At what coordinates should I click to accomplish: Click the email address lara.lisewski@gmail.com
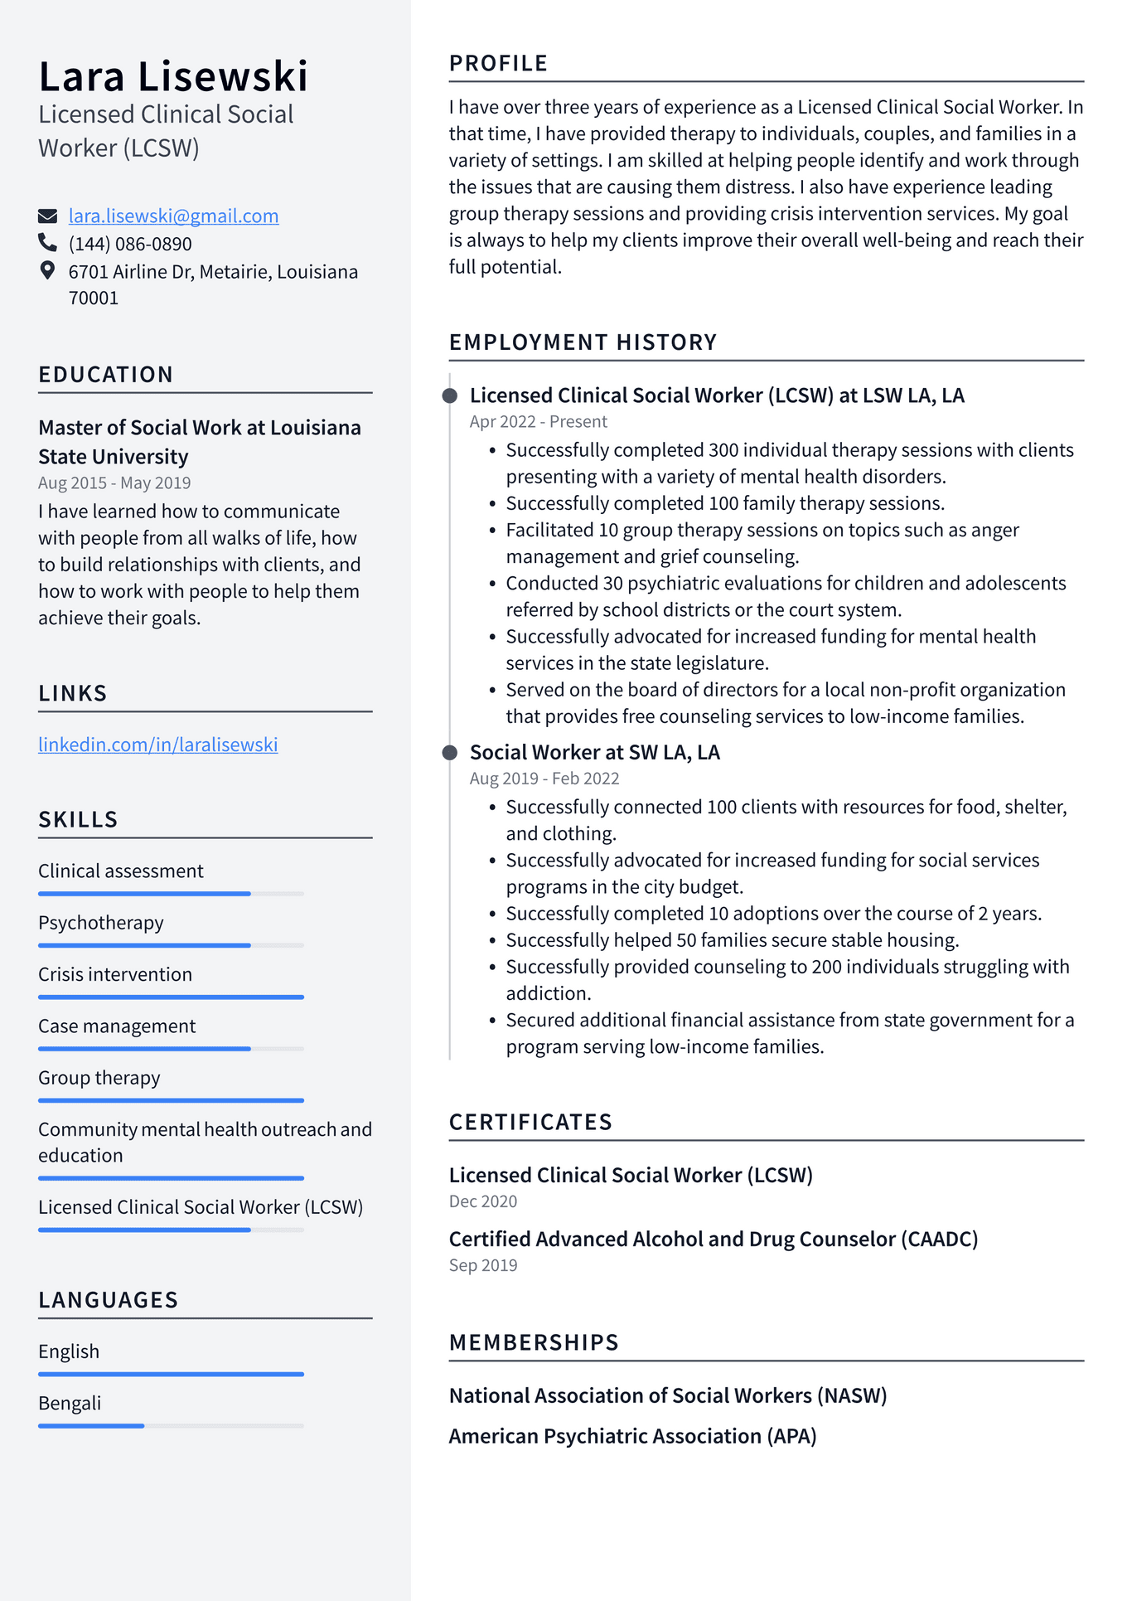(173, 216)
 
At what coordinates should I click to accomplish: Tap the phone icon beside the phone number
(47, 243)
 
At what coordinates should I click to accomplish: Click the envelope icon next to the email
(47, 216)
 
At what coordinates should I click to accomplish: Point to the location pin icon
(47, 271)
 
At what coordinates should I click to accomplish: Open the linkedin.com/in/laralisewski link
(157, 745)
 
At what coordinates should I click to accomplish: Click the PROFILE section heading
(498, 64)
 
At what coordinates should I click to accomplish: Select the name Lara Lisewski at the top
(173, 76)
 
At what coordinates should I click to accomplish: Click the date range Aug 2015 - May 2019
(114, 483)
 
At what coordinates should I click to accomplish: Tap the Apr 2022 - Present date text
(538, 421)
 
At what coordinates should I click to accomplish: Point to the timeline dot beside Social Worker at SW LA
(450, 752)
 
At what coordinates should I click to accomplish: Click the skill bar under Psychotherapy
(171, 945)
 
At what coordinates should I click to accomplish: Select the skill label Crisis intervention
(115, 974)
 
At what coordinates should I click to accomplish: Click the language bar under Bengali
(171, 1425)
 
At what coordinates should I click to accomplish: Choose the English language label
(69, 1351)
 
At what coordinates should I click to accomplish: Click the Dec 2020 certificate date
(482, 1201)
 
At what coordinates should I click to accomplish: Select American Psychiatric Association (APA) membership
(632, 1436)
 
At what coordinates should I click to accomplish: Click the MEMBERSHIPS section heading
(534, 1342)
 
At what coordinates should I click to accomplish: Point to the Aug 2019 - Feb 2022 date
(544, 779)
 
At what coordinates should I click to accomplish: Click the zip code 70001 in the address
(94, 298)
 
